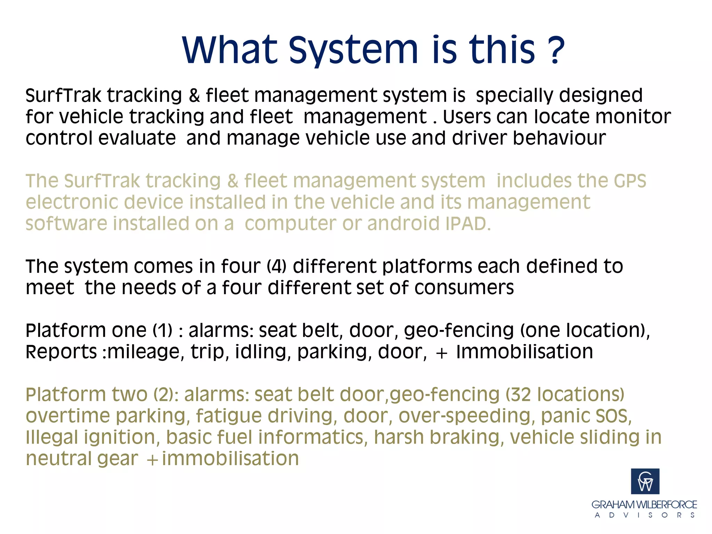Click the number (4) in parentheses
[x=277, y=267]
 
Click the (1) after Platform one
[x=163, y=331]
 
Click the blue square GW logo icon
[x=645, y=481]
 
